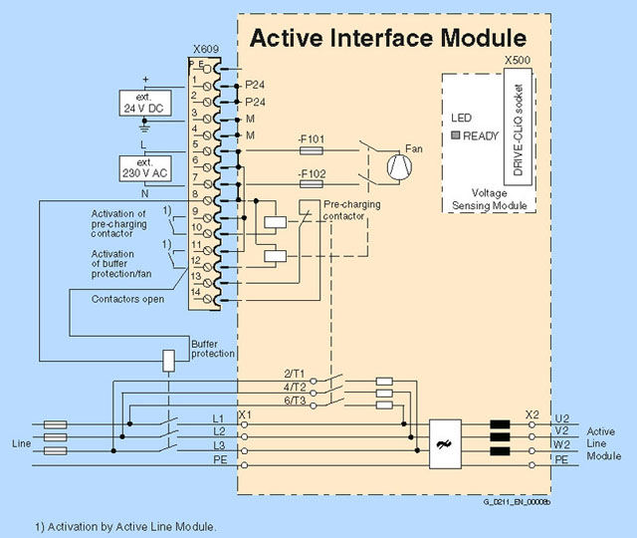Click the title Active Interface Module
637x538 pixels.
click(386, 39)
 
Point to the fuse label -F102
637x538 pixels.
click(312, 172)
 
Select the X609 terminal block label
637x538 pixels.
click(205, 49)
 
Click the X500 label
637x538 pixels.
click(518, 60)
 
